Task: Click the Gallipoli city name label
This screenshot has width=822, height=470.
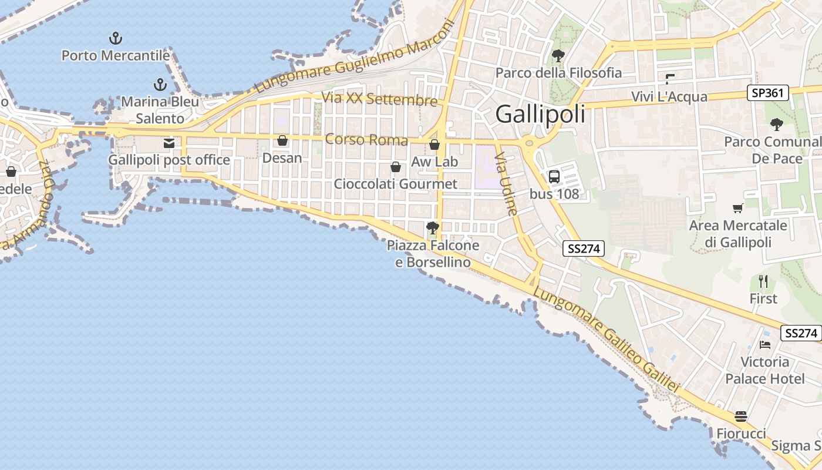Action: coord(540,114)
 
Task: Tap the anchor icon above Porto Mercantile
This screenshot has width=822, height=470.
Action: coord(116,39)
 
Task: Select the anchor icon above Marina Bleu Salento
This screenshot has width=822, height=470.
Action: coord(160,85)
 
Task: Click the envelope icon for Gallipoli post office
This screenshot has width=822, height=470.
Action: coord(169,143)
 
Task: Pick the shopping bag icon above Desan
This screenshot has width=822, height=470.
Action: coord(282,140)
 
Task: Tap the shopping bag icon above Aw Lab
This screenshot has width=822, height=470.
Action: coord(434,145)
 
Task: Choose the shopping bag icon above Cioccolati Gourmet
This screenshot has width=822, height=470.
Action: coord(396,167)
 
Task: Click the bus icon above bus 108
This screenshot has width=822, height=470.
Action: coord(554,176)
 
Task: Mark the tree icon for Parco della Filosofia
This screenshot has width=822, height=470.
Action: coord(558,56)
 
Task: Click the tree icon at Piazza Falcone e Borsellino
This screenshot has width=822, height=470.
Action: coord(433,228)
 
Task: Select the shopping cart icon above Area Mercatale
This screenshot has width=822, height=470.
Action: coord(738,208)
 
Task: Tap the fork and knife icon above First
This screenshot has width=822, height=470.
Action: coord(763,281)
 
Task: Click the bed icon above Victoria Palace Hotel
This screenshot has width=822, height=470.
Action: coord(764,345)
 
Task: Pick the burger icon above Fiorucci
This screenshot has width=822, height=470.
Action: coord(741,417)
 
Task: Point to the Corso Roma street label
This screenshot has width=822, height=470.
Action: coord(366,140)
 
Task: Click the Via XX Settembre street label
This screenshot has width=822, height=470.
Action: coord(380,99)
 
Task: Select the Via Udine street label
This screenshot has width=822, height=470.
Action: coord(506,184)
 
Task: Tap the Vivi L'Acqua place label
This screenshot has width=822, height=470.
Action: coord(669,96)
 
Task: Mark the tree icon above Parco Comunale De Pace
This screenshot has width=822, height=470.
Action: coord(777,125)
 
